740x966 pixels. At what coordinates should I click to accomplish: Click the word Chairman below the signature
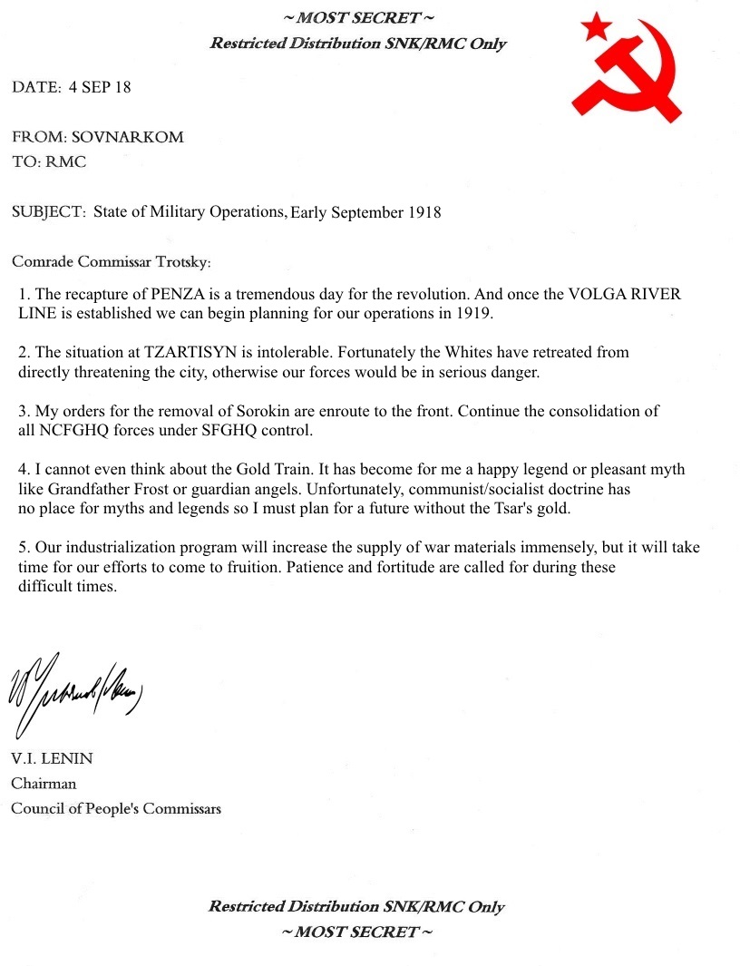click(x=44, y=784)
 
